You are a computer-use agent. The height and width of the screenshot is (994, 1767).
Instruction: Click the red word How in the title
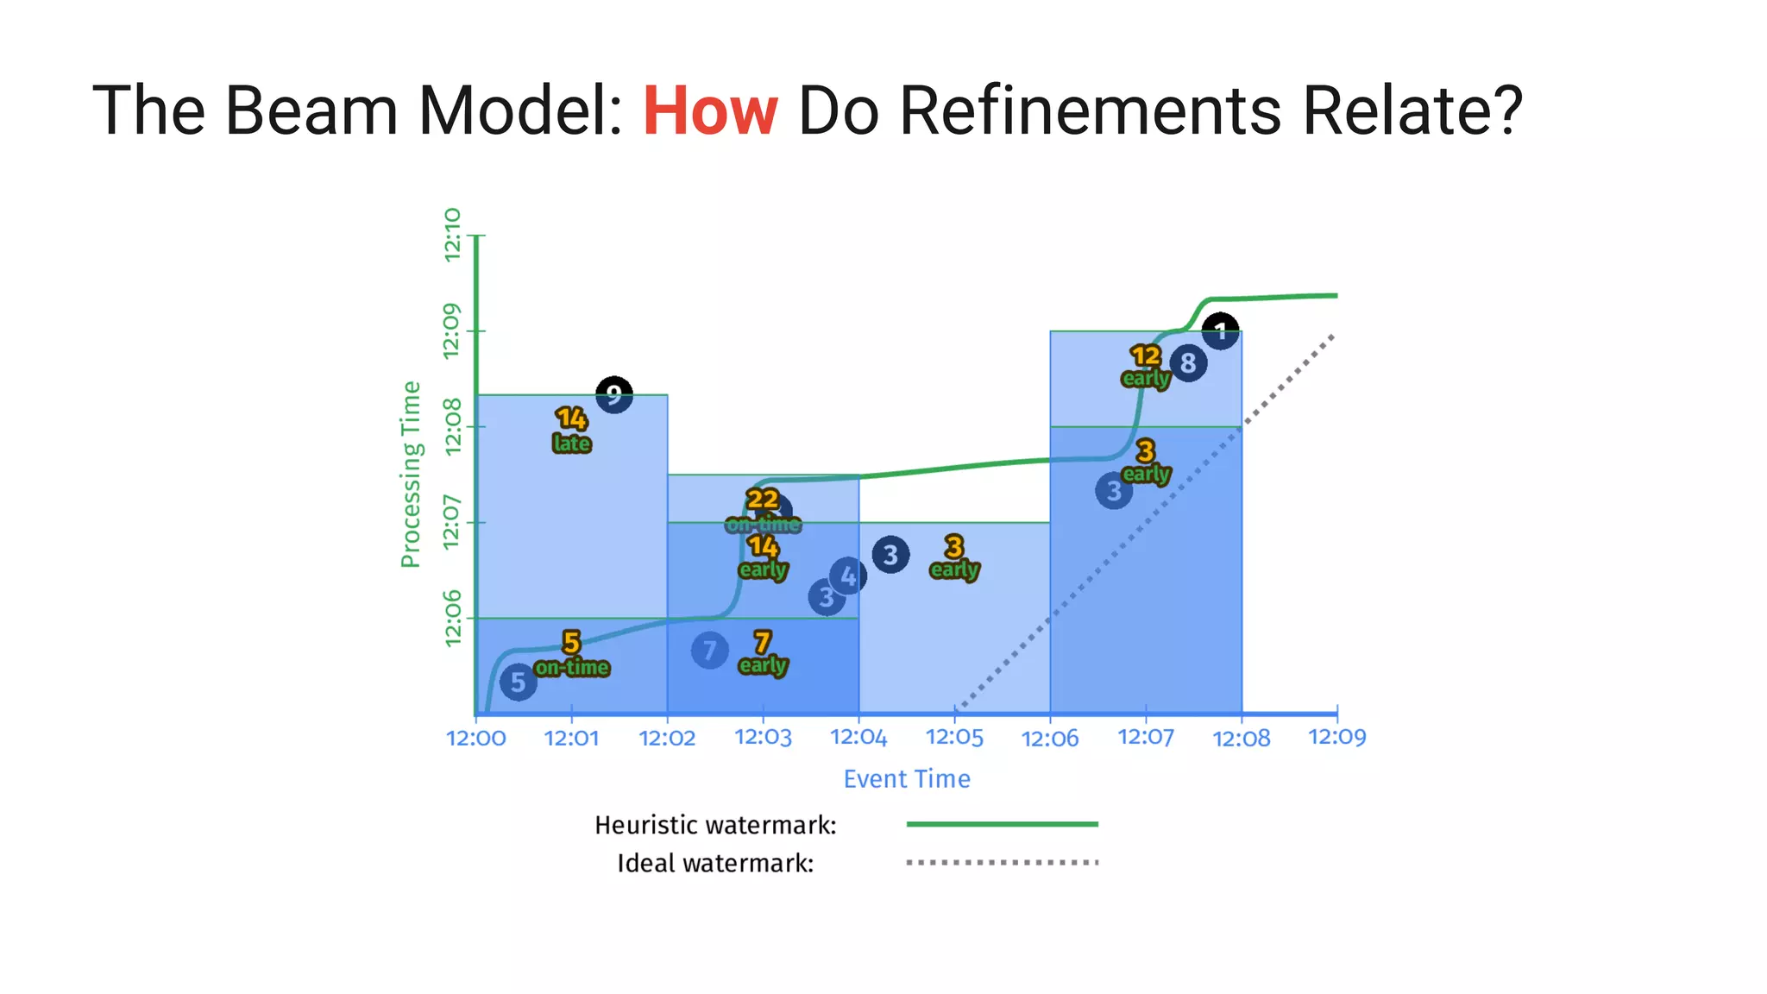tap(709, 111)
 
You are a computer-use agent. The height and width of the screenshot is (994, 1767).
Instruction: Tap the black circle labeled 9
tap(613, 395)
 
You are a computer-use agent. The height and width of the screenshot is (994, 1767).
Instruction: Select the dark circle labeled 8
tap(1188, 363)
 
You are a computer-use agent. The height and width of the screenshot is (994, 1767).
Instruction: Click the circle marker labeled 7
tap(709, 651)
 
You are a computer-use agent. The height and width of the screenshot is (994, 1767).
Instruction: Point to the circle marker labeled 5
tap(518, 683)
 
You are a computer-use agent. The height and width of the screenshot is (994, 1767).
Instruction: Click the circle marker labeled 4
tap(848, 576)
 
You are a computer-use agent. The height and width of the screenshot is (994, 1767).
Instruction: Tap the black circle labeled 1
tap(1220, 331)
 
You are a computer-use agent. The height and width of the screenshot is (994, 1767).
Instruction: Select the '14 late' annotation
tap(571, 430)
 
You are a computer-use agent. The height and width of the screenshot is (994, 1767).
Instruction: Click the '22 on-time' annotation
tap(763, 511)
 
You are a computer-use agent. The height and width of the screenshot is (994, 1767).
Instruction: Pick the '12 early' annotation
tap(1146, 366)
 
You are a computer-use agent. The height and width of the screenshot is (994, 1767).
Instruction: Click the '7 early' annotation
tap(763, 653)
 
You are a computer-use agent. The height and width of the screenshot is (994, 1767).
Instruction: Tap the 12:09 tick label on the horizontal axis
tap(1336, 737)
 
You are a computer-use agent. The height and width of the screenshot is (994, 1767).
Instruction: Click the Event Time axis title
tap(907, 779)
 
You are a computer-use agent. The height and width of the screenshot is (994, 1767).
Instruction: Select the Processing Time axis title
tap(411, 475)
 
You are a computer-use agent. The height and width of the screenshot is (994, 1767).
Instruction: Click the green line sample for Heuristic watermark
tap(1002, 824)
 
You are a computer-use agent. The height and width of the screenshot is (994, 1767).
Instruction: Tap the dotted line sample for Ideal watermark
tap(1002, 862)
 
